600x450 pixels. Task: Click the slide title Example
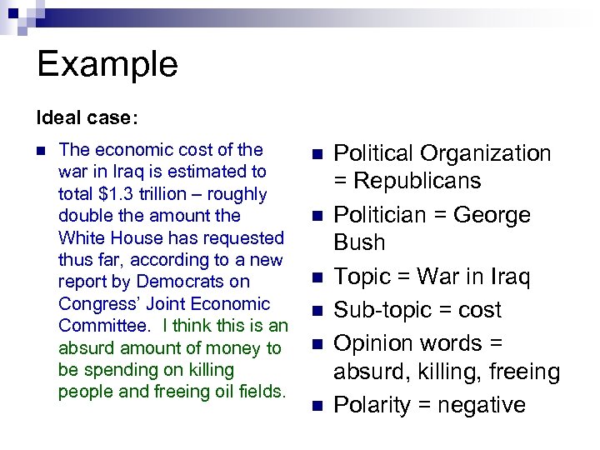pyautogui.click(x=107, y=64)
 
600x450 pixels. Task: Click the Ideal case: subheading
pyautogui.click(x=82, y=117)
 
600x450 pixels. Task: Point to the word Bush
pyautogui.click(x=359, y=242)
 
